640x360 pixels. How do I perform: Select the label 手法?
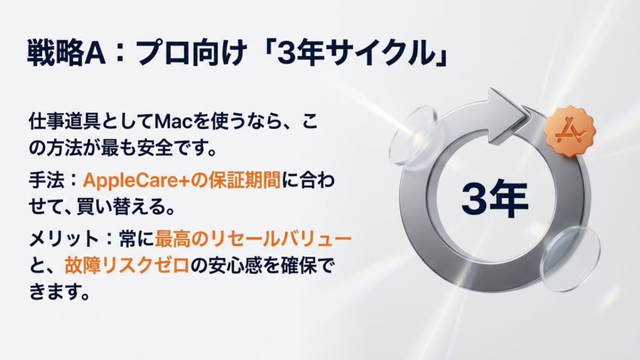45,181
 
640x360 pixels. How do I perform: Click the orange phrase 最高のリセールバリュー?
253,240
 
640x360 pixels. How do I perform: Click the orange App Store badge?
569,131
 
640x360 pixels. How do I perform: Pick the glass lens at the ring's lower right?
569,258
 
